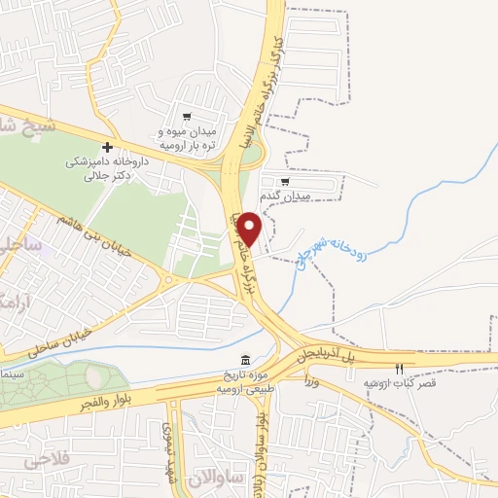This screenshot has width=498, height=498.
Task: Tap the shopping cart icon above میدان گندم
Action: [x=285, y=180]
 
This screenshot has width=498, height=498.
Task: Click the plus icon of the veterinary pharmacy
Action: [x=107, y=146]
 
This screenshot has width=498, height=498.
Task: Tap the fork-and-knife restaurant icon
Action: [x=399, y=369]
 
